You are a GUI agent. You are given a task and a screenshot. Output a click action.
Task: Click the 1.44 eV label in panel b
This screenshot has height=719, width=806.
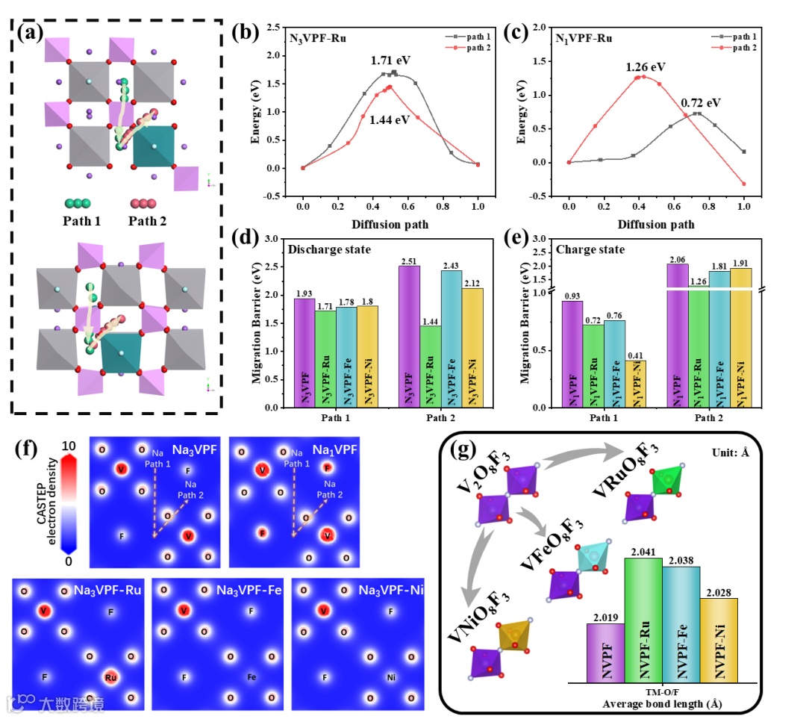[390, 119]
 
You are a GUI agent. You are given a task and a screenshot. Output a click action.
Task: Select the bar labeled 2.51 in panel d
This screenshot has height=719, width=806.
[408, 336]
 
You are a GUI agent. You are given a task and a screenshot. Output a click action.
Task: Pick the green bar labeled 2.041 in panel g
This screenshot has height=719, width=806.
[643, 620]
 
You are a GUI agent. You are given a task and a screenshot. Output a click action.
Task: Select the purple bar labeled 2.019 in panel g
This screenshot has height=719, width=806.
[605, 653]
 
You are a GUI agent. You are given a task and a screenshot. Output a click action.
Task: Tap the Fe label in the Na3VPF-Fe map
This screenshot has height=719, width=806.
[253, 677]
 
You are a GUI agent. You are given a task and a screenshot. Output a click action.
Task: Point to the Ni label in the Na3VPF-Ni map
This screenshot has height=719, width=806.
[392, 677]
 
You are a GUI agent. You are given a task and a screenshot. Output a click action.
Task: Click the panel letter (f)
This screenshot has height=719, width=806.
[28, 450]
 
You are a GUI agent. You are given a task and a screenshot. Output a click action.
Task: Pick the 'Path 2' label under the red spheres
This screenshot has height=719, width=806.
[147, 220]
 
